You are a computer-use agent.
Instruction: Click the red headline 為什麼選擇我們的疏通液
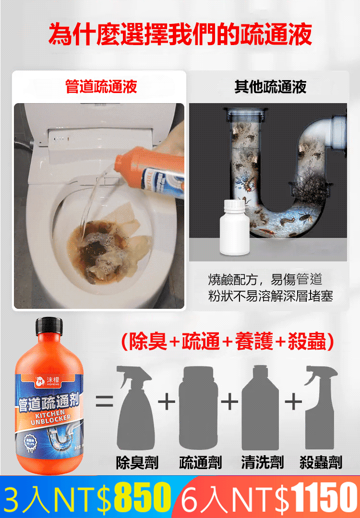[x=180, y=35]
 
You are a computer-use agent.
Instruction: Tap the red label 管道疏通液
[x=101, y=86]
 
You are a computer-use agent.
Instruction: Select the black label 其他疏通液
[x=270, y=86]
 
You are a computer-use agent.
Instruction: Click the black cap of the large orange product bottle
[x=48, y=328]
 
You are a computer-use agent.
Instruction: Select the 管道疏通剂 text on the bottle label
[x=48, y=402]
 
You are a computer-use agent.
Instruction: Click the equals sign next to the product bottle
[x=104, y=401]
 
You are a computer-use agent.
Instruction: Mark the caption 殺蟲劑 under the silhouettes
[x=321, y=463]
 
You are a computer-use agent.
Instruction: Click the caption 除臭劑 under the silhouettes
[x=137, y=463]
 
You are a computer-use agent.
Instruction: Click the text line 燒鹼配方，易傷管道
[x=265, y=280]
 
